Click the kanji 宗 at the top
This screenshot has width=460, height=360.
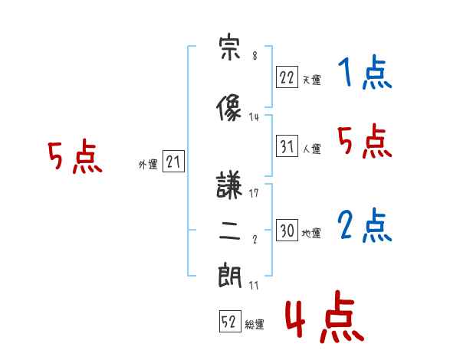[230, 47]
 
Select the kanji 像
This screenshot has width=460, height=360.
[229, 107]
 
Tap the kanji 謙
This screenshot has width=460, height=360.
[229, 185]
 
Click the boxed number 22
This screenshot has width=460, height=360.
[287, 77]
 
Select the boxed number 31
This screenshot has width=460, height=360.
[287, 146]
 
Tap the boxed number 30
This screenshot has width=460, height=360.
[287, 230]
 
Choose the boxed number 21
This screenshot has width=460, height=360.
[173, 162]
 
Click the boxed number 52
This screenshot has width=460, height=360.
[230, 321]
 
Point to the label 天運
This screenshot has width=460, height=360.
[312, 80]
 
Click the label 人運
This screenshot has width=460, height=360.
[312, 149]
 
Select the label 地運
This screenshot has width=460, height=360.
[311, 233]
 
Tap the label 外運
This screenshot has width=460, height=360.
[148, 165]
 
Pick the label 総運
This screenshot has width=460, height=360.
[255, 325]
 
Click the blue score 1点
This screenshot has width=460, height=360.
[365, 72]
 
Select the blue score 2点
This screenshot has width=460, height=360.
[365, 225]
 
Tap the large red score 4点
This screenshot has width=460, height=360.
[325, 316]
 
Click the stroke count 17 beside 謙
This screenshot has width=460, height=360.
[254, 193]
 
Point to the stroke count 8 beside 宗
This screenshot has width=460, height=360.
[255, 55]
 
